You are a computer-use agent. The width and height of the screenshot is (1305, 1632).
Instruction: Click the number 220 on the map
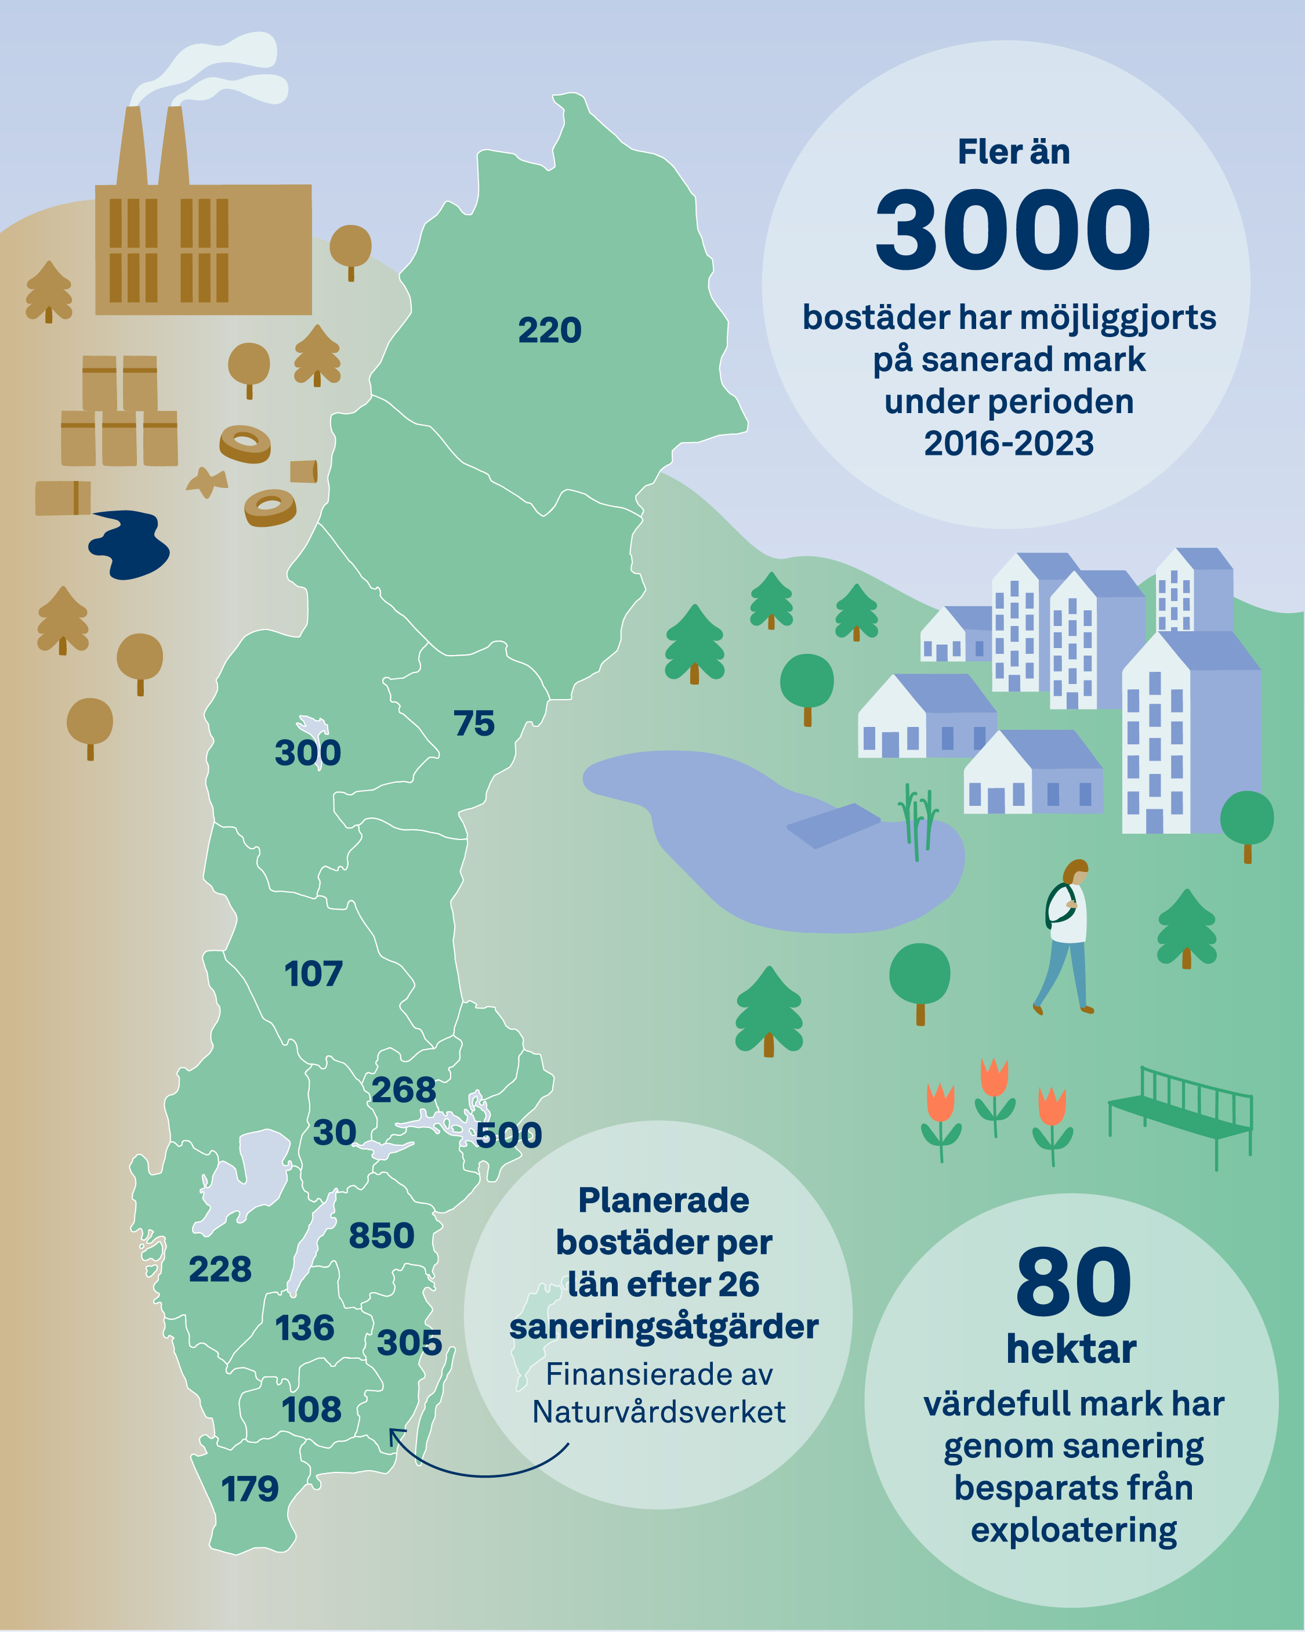click(x=550, y=330)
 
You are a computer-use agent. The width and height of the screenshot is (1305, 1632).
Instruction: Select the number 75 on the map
click(x=474, y=723)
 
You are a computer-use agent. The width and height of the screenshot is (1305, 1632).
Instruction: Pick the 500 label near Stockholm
click(x=509, y=1135)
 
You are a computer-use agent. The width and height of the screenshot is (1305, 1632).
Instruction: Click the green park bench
click(x=1181, y=1115)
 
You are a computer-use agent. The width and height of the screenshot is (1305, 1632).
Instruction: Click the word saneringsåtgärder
click(x=664, y=1327)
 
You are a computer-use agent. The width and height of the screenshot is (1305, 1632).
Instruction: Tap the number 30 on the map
click(x=335, y=1132)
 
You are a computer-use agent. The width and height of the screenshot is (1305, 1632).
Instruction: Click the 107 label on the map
click(x=313, y=974)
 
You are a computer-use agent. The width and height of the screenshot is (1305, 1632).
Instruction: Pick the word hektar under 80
click(x=1071, y=1349)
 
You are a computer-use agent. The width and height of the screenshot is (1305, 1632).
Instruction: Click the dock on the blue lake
click(x=833, y=824)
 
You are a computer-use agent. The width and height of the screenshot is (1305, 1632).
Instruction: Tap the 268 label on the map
click(x=404, y=1090)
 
